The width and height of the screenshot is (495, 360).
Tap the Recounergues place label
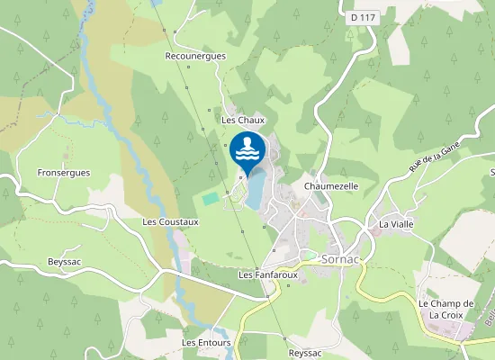(x=195, y=56)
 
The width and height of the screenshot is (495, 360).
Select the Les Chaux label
(x=240, y=119)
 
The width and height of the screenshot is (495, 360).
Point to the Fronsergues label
(x=64, y=172)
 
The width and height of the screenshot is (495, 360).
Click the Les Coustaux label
(x=170, y=220)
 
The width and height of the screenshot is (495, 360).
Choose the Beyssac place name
(x=65, y=262)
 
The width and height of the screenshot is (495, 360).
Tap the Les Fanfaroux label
(x=268, y=274)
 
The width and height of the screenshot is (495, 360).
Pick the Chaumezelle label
(x=331, y=186)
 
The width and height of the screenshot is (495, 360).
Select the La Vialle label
(x=395, y=224)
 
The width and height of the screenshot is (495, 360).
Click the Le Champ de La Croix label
(x=446, y=310)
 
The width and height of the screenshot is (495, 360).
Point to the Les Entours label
(x=206, y=343)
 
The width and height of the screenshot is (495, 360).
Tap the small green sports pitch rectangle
(x=210, y=197)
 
